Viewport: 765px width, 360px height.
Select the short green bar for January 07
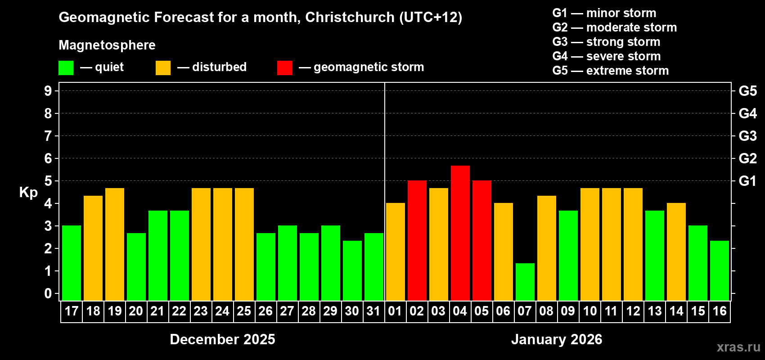[x=525, y=282]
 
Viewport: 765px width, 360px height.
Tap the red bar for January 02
[x=417, y=241]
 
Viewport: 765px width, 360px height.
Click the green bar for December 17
[x=72, y=263]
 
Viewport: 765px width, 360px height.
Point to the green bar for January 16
[x=719, y=271]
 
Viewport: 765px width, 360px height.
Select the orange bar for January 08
[x=546, y=248]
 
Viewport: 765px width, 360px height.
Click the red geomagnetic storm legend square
[x=284, y=68]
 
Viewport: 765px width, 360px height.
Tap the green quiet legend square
[x=66, y=68]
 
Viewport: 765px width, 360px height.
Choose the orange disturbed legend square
[x=163, y=68]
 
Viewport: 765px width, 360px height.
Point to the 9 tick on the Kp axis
[x=48, y=91]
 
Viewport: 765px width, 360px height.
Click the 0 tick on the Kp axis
[x=48, y=294]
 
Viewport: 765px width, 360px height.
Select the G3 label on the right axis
[x=747, y=136]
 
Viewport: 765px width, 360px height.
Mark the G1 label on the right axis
[x=747, y=181]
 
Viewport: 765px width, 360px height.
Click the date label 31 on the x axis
[x=373, y=311]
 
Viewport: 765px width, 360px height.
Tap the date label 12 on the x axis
[x=633, y=311]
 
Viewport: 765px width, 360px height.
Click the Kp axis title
[x=28, y=193]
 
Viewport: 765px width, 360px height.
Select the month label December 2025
[x=222, y=339]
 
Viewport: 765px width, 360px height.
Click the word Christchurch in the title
[x=350, y=17]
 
